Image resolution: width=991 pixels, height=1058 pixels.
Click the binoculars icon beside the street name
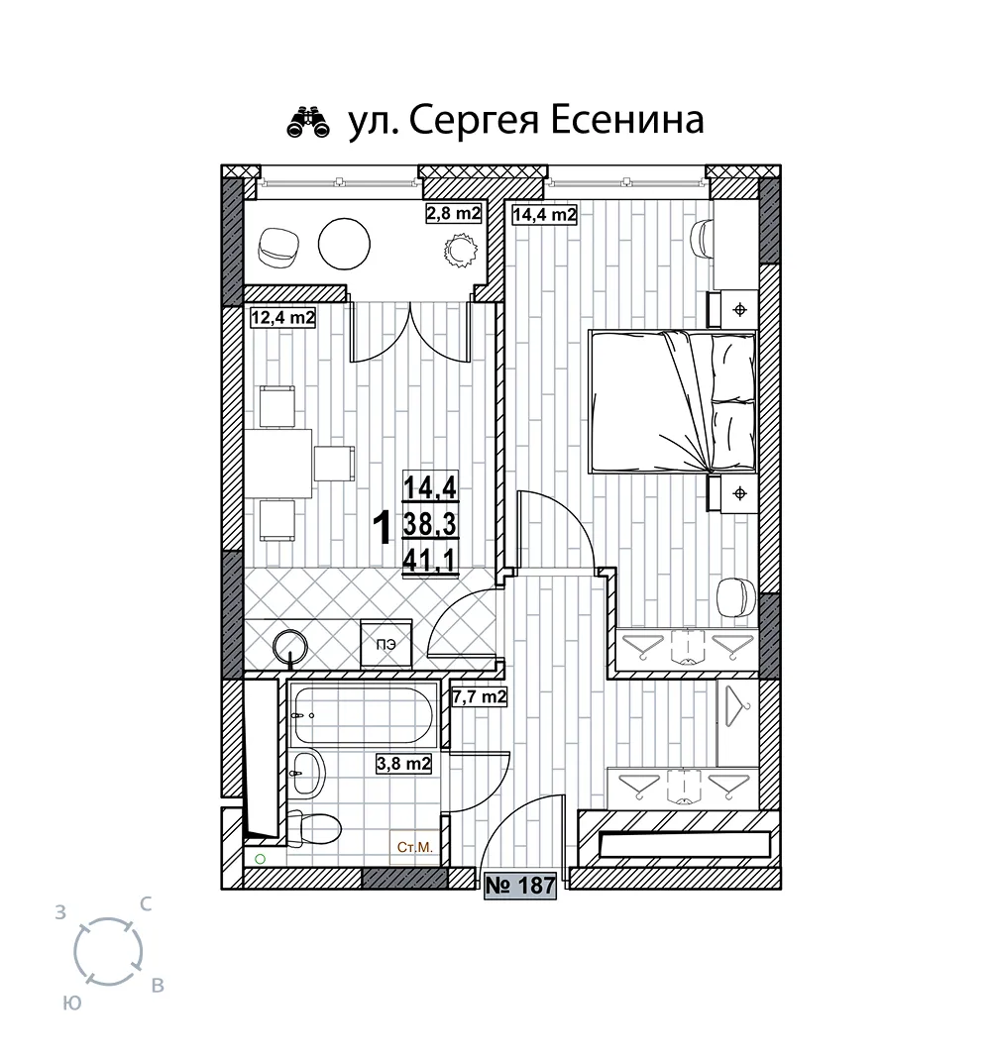(308, 122)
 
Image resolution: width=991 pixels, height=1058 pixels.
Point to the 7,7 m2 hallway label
(480, 696)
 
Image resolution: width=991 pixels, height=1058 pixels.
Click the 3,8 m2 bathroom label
(403, 763)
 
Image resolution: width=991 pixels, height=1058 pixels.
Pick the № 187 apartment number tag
(520, 885)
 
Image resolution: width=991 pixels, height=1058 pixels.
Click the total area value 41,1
(430, 560)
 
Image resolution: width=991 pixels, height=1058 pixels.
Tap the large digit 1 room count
(383, 528)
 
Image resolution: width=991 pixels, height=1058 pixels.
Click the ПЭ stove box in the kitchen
(386, 644)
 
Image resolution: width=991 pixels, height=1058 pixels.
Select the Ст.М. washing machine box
(414, 846)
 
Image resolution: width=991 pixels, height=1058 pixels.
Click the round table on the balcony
(344, 245)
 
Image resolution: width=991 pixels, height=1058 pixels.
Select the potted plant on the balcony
(461, 250)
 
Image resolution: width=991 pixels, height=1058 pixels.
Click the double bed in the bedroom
(673, 401)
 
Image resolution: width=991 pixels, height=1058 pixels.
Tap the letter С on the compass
(145, 904)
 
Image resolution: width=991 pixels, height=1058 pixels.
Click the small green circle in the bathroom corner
(260, 859)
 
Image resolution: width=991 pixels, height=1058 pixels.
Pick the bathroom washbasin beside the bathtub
(307, 774)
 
